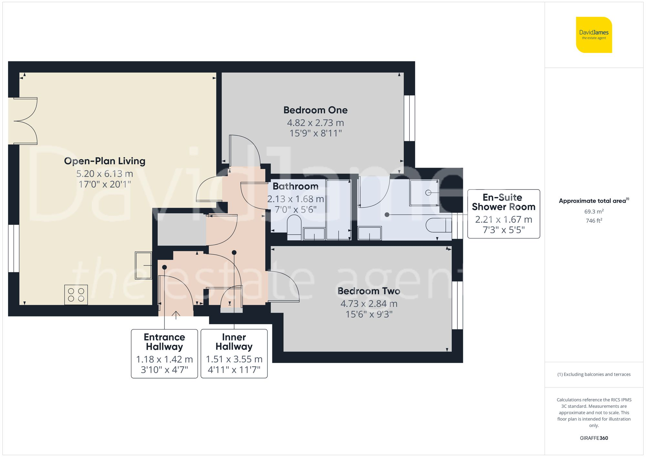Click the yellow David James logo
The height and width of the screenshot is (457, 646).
pyautogui.click(x=594, y=35)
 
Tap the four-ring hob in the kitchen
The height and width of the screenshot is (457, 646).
pyautogui.click(x=76, y=295)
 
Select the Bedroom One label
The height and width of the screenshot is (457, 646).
pyautogui.click(x=315, y=110)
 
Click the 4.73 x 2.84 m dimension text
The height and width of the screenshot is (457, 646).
pyautogui.click(x=369, y=304)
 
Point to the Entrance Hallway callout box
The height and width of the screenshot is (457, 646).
pyautogui.click(x=164, y=353)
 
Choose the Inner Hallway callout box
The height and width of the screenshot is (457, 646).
pyautogui.click(x=234, y=353)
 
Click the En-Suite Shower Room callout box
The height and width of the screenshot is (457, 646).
pyautogui.click(x=503, y=214)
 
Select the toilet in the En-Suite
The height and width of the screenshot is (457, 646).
pyautogui.click(x=439, y=225)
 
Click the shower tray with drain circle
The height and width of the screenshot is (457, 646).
pyautogui.click(x=424, y=193)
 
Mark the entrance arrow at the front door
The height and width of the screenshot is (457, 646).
pyautogui.click(x=176, y=315)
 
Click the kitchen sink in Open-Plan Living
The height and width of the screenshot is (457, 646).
pyautogui.click(x=143, y=265)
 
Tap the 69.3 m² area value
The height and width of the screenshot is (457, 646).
pyautogui.click(x=594, y=212)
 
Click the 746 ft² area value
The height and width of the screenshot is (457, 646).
pyautogui.click(x=594, y=221)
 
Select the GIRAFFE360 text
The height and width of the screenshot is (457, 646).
pyautogui.click(x=594, y=438)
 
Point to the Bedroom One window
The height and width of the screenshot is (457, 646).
pyautogui.click(x=409, y=118)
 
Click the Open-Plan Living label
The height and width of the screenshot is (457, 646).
pyautogui.click(x=104, y=161)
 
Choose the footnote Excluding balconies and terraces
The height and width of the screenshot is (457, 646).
pyautogui.click(x=594, y=374)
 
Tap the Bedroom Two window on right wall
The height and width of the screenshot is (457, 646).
pyautogui.click(x=457, y=305)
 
